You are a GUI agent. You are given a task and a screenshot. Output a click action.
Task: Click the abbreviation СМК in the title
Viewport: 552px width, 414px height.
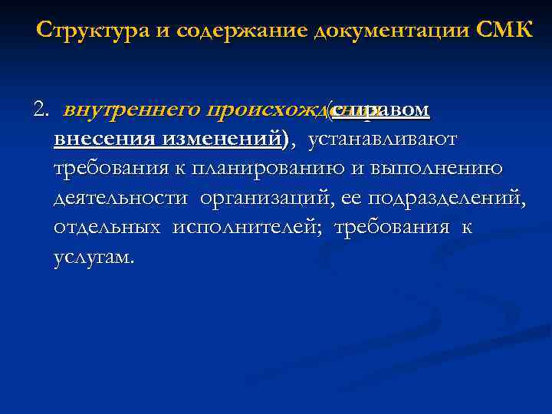click(x=503, y=31)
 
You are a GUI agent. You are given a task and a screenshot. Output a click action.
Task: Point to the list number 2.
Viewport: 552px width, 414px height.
click(x=40, y=111)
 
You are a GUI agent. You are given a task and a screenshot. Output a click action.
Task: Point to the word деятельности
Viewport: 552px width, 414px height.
click(x=120, y=198)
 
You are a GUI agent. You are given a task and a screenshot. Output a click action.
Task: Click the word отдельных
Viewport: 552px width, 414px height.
click(x=107, y=227)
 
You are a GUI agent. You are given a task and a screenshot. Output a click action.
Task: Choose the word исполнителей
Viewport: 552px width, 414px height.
click(x=248, y=227)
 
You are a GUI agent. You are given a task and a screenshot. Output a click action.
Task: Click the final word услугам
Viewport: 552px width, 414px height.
click(x=94, y=257)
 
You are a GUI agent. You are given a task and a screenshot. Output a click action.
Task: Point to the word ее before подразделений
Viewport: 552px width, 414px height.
click(x=352, y=198)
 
